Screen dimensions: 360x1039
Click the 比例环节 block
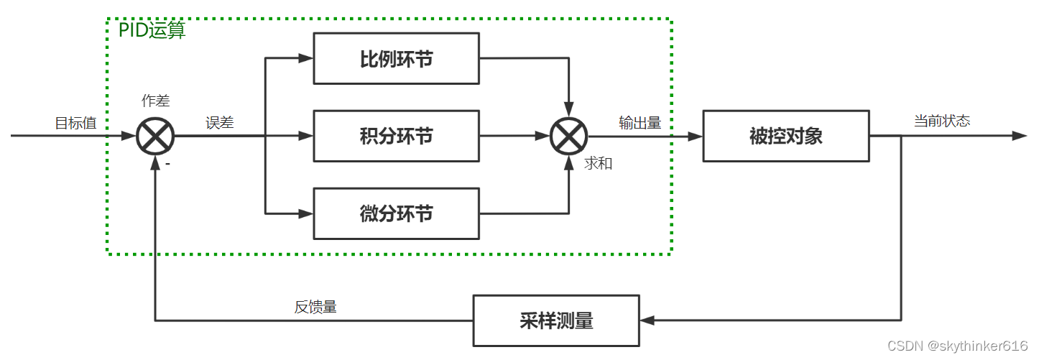pyautogui.click(x=396, y=58)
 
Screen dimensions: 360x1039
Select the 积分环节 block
pyautogui.click(x=396, y=135)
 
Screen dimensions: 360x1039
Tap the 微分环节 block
pyautogui.click(x=396, y=213)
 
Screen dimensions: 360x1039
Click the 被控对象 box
pyautogui.click(x=785, y=136)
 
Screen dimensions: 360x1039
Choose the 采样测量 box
pyautogui.click(x=555, y=320)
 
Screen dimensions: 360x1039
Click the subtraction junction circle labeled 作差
pyautogui.click(x=155, y=136)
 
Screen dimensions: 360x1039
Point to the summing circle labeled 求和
pyautogui.click(x=568, y=136)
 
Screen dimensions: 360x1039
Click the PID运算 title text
pyautogui.click(x=152, y=31)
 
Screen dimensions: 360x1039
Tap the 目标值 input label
pyautogui.click(x=75, y=123)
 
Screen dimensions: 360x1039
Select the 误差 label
pyautogui.click(x=220, y=123)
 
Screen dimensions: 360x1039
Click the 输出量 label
pyautogui.click(x=639, y=123)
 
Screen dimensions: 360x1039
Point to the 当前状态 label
pyautogui.click(x=941, y=121)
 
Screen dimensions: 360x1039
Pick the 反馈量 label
pyautogui.click(x=315, y=307)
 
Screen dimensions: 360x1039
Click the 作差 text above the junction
pyautogui.click(x=156, y=101)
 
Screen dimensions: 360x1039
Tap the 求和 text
pyautogui.click(x=598, y=163)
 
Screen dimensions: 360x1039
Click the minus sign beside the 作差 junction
pyautogui.click(x=167, y=164)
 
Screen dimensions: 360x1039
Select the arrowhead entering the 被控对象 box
pyautogui.click(x=696, y=136)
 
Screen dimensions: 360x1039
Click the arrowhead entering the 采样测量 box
pyautogui.click(x=647, y=320)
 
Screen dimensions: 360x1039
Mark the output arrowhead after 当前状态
pyautogui.click(x=1020, y=136)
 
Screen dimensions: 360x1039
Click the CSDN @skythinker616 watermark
pyautogui.click(x=957, y=346)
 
